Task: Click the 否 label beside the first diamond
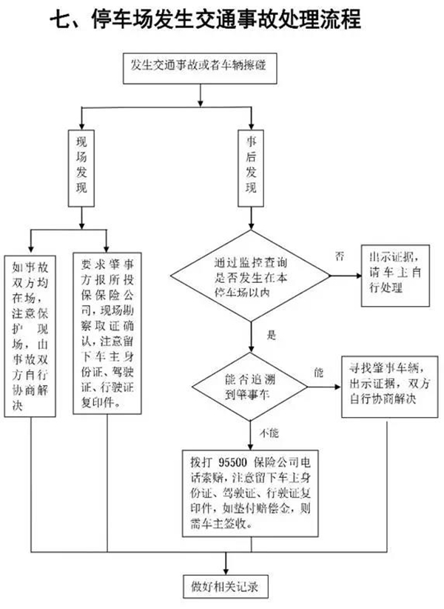pos(340,256)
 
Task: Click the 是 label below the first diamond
pos(271,336)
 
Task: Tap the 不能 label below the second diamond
pos(270,430)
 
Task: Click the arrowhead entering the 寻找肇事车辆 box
pos(337,385)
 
